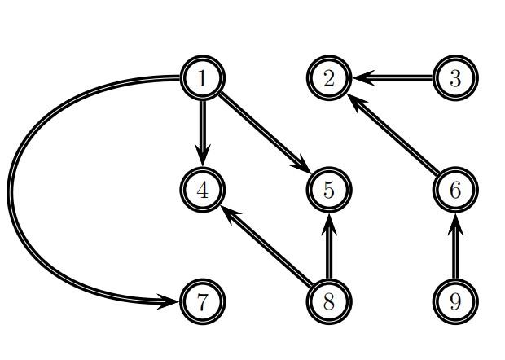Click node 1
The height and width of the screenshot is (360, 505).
pyautogui.click(x=202, y=78)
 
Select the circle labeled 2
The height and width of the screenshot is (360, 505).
pyautogui.click(x=329, y=78)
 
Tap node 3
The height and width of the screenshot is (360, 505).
pyautogui.click(x=455, y=78)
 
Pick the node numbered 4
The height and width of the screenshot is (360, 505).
pyautogui.click(x=202, y=190)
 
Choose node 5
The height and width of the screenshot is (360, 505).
pyautogui.click(x=329, y=190)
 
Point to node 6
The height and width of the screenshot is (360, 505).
pyautogui.click(x=455, y=190)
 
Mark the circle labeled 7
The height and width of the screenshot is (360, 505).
pyautogui.click(x=202, y=301)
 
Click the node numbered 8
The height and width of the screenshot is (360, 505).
pyautogui.click(x=329, y=301)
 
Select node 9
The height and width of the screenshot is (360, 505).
pyautogui.click(x=455, y=301)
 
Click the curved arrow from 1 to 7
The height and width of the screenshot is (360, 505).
pyautogui.click(x=11, y=191)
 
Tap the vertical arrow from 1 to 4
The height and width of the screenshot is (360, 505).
pyautogui.click(x=202, y=130)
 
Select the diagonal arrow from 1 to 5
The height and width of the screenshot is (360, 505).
pyautogui.click(x=265, y=134)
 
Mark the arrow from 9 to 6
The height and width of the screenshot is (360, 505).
pyautogui.click(x=455, y=248)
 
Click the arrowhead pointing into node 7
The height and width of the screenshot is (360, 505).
pyautogui.click(x=169, y=301)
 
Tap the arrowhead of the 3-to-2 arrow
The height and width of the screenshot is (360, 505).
pyautogui.click(x=362, y=78)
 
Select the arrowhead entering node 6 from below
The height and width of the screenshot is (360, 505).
pyautogui.click(x=455, y=220)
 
